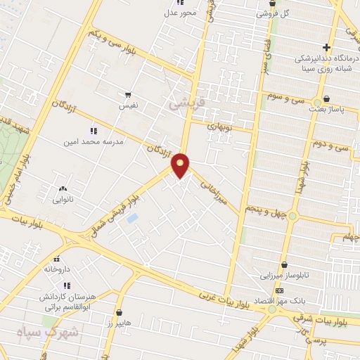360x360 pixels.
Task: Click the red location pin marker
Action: pyautogui.click(x=181, y=165)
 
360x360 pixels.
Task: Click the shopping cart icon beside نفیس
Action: pyautogui.click(x=127, y=94)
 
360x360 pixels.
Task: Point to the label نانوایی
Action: pyautogui.click(x=63, y=199)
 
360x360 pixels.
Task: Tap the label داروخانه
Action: pyautogui.click(x=58, y=269)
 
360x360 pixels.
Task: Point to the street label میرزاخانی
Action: pyautogui.click(x=213, y=188)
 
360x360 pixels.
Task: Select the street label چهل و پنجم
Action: pyautogui.click(x=266, y=210)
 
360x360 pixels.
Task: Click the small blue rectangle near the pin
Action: pyautogui.click(x=132, y=219)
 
